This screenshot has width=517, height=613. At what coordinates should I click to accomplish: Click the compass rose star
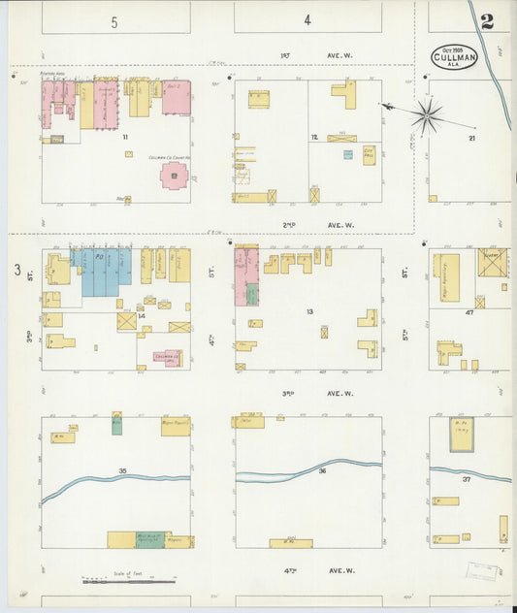426,116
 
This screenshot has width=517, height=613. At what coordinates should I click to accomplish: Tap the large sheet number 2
486,21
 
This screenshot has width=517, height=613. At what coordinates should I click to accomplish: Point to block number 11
125,138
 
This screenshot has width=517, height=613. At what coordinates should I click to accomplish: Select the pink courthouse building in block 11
174,176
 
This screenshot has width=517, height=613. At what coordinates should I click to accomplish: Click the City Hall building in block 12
369,154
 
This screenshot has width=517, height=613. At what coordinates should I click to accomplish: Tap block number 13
310,311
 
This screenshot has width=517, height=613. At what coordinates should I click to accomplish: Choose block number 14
142,316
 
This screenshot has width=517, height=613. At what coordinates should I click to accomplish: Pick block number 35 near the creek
123,470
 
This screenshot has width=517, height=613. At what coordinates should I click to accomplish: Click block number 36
321,471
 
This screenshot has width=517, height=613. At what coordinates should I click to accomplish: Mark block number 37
467,479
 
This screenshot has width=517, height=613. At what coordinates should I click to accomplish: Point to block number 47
469,313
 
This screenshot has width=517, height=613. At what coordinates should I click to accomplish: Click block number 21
472,139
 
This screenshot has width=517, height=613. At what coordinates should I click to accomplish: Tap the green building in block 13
251,293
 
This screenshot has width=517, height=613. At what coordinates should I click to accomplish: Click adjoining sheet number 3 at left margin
16,270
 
